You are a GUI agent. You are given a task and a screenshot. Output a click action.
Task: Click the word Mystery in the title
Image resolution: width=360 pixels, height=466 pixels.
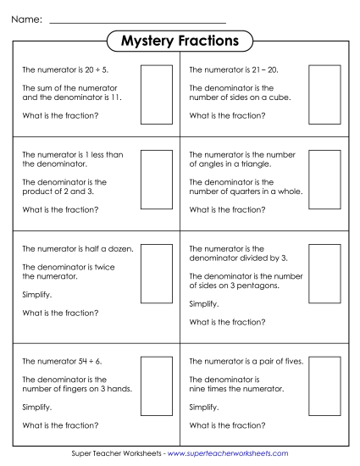147,41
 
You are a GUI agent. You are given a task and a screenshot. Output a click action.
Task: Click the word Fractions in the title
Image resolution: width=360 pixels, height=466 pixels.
208,41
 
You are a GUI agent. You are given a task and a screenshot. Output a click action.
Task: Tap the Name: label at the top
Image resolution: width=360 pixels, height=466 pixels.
28,19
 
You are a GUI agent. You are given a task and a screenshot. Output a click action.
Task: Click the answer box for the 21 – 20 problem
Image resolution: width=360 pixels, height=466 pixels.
324,95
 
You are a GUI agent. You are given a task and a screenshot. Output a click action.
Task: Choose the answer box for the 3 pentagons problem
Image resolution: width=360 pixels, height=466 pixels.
324,274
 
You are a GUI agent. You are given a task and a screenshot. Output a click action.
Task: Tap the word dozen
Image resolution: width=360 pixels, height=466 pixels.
122,248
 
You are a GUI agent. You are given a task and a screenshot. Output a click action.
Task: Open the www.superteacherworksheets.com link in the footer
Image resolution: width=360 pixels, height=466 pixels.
227,454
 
